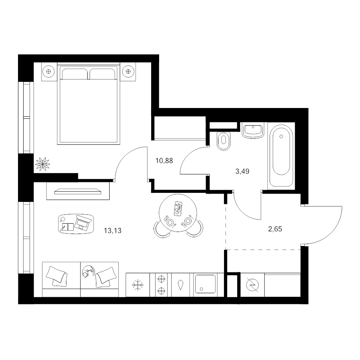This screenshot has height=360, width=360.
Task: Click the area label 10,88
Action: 164,161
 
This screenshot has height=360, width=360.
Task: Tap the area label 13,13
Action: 112,230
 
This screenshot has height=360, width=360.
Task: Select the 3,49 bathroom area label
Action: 242,171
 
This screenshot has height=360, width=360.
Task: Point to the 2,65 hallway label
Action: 275,229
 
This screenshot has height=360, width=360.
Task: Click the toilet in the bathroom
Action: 224,141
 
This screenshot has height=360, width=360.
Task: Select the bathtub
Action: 281,156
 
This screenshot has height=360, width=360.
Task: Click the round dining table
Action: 178,213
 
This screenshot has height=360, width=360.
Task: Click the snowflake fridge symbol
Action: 138,285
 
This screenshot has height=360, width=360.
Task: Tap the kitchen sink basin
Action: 205,284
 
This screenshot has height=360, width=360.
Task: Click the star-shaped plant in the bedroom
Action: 43,164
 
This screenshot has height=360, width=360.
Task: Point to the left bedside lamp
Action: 49,72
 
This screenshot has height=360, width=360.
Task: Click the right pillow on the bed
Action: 103,74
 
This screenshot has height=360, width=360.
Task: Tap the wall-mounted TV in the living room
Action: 78,191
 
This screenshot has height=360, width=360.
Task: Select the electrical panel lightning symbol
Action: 252,285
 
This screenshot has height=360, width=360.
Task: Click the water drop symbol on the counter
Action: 181,285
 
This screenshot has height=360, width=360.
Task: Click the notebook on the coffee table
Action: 67,227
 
